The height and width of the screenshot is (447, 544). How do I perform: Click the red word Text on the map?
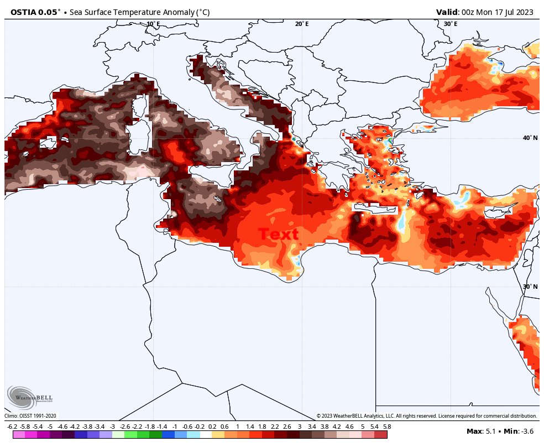click(x=278, y=234)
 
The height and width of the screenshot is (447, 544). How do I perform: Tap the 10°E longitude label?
click(x=153, y=24)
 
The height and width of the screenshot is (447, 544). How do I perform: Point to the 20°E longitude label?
click(x=302, y=24)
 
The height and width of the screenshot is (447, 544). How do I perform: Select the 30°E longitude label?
click(x=450, y=24)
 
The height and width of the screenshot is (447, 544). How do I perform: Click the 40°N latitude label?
click(x=530, y=138)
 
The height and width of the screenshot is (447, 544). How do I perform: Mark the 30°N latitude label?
click(x=530, y=287)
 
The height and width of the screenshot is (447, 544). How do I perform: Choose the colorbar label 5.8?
click(x=386, y=427)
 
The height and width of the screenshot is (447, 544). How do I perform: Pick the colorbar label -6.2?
click(x=12, y=427)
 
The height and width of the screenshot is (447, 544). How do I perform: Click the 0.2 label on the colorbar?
click(x=212, y=427)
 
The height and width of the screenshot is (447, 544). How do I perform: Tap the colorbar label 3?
click(x=299, y=427)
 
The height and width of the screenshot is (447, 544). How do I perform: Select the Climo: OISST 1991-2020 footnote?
click(x=30, y=416)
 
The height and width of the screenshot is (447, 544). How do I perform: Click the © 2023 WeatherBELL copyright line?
click(x=426, y=416)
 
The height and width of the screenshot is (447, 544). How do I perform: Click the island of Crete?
click(x=375, y=209)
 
